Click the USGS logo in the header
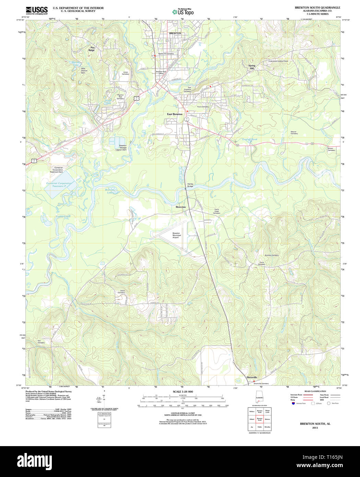point(37,10)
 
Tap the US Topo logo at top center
point(183,12)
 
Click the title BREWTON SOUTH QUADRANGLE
point(317,8)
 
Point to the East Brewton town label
point(175,114)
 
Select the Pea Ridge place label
point(92,49)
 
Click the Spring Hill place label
point(252,67)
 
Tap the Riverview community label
point(181,207)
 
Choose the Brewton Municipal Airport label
point(176,235)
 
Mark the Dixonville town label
point(252,377)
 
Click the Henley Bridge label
point(190,185)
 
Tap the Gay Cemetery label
point(41,342)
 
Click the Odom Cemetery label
point(121,292)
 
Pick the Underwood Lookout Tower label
point(278,61)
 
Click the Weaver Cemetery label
point(294,132)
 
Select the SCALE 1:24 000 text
point(183,392)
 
